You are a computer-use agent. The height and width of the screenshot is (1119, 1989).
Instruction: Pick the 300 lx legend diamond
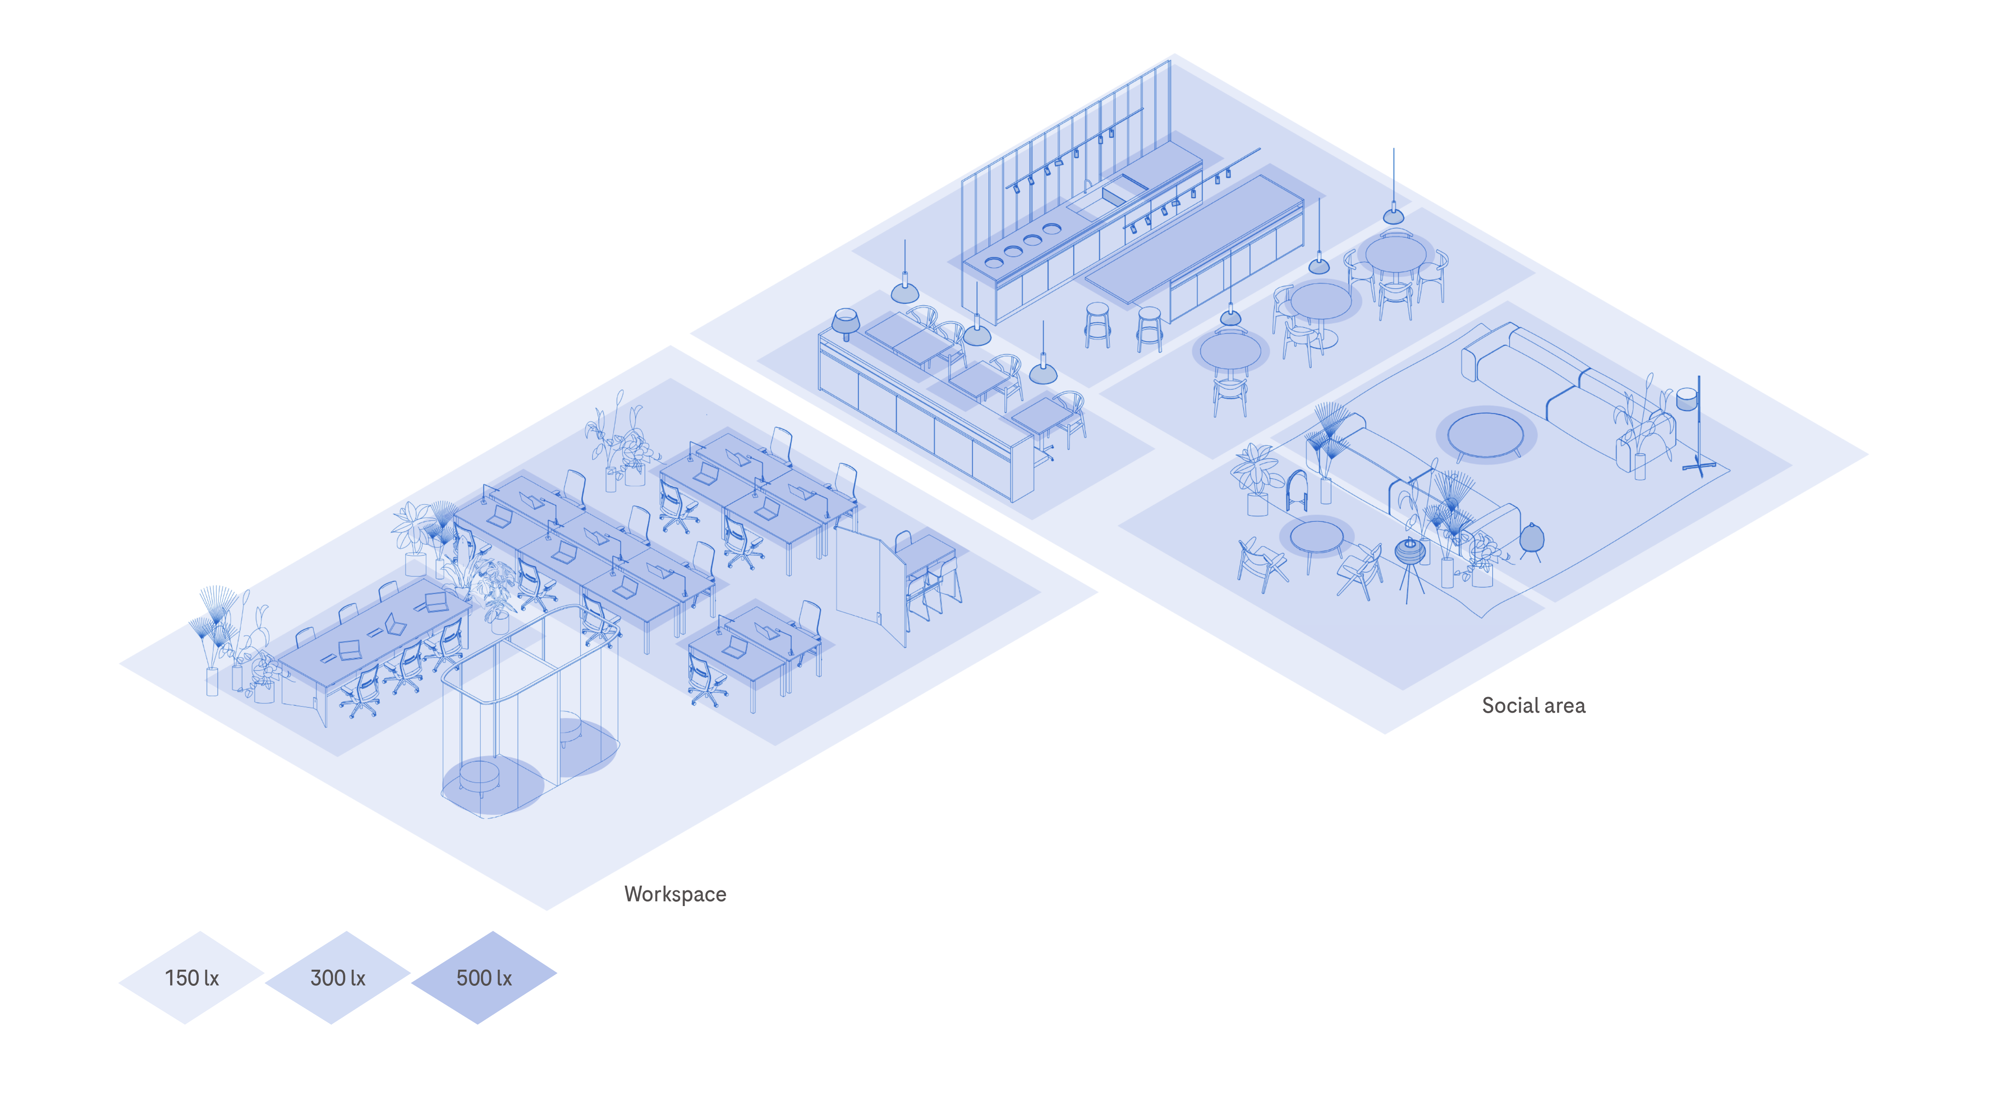click(337, 978)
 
